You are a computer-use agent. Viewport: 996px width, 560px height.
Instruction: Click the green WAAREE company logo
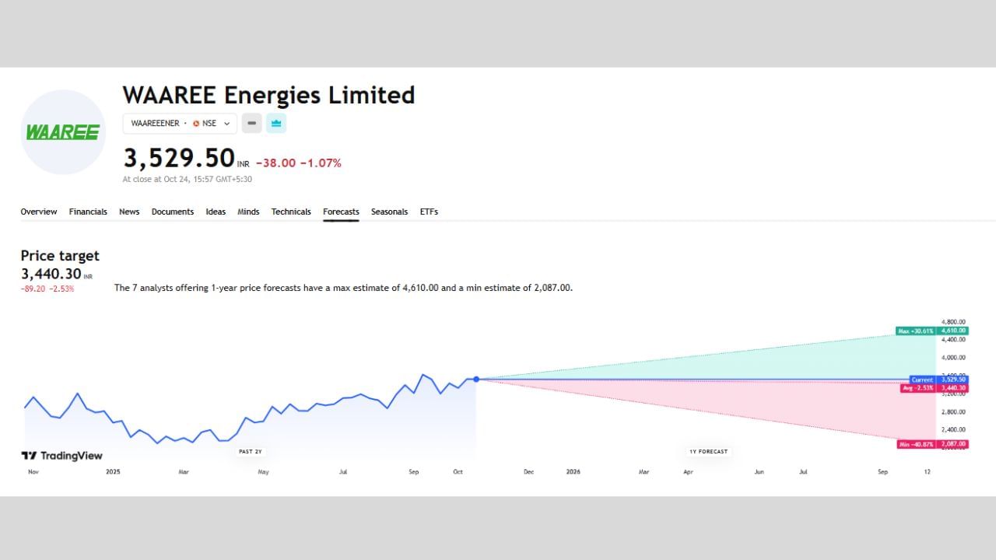[63, 132]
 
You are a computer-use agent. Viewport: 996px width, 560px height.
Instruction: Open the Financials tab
[88, 212]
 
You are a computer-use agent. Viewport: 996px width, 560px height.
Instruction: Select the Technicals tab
[291, 212]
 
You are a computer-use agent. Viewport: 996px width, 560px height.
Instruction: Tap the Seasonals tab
[389, 212]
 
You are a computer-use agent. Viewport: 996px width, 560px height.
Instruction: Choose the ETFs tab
[429, 212]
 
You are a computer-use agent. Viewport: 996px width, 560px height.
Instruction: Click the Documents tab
[173, 212]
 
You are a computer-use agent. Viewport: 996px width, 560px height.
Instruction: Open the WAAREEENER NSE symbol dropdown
[180, 123]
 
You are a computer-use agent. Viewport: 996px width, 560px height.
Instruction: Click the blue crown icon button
[276, 123]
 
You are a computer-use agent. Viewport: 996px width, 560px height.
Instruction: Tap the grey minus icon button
[251, 123]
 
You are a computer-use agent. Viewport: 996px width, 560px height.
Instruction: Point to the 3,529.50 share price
[179, 159]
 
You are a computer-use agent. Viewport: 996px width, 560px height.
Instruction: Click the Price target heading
[60, 256]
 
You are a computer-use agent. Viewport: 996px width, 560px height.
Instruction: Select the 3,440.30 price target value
[51, 274]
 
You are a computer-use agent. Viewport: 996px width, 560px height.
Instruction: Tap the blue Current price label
[922, 380]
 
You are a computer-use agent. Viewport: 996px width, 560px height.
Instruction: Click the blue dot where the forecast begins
[476, 379]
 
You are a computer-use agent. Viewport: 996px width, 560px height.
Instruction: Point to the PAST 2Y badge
[250, 451]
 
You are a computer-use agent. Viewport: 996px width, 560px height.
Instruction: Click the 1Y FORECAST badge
[708, 451]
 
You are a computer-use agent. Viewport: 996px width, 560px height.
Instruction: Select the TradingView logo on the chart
[62, 456]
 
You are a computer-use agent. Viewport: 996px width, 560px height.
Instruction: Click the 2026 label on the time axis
[573, 471]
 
